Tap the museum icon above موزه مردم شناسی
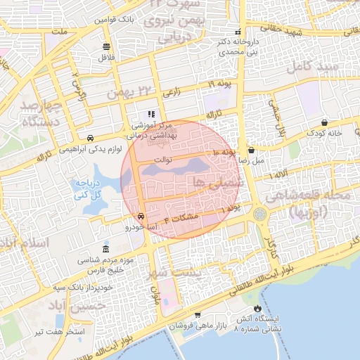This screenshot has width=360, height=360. tap(105, 250)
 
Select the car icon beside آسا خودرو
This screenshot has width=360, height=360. tap(141, 217)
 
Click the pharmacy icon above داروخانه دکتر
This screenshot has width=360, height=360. tap(238, 32)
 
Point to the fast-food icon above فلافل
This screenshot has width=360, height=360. tap(106, 46)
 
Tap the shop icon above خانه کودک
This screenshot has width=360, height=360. tap(323, 122)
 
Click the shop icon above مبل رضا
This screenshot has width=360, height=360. tap(251, 150)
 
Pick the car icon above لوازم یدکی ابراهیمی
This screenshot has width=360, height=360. tap(90, 138)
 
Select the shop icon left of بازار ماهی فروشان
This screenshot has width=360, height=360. tap(198, 316)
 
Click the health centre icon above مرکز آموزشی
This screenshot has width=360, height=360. tap(150, 114)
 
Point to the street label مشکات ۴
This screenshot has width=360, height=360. tap(181, 219)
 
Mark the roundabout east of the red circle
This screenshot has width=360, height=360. tap(261, 212)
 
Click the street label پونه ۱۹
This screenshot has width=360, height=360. tap(219, 84)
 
